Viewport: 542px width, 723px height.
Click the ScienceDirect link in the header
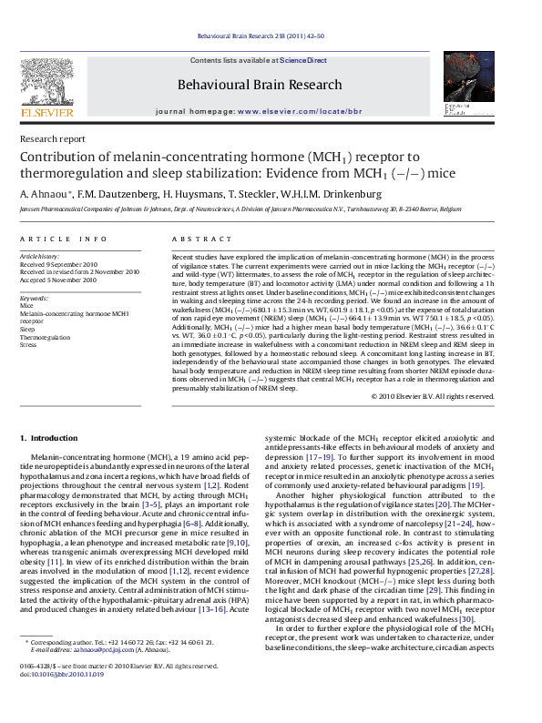point(303,60)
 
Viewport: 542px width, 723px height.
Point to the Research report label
point(53,139)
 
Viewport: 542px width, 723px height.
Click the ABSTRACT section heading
point(196,239)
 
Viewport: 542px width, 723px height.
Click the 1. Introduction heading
point(49,438)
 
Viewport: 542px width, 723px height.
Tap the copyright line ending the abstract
point(433,396)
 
